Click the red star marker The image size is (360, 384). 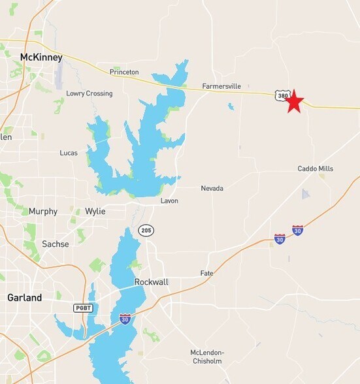(x=295, y=101)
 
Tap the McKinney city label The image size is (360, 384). (x=41, y=57)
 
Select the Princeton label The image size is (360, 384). (x=124, y=72)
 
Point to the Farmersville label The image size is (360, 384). (x=221, y=86)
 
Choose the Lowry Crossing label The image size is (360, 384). (x=89, y=93)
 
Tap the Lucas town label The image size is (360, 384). (x=69, y=153)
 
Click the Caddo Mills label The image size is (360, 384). (x=316, y=168)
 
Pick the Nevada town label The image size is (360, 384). (x=212, y=188)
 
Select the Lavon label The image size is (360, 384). (x=169, y=200)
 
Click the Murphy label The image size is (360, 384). (x=43, y=212)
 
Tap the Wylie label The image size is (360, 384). (x=95, y=212)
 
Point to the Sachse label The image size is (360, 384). (x=55, y=244)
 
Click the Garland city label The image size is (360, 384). (x=24, y=298)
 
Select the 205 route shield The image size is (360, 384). (x=146, y=230)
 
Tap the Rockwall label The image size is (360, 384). (x=151, y=282)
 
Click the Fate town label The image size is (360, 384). (x=206, y=273)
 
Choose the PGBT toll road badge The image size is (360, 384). (x=83, y=308)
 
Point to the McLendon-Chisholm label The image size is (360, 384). (x=207, y=357)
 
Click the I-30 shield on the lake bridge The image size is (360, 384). (x=125, y=319)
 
